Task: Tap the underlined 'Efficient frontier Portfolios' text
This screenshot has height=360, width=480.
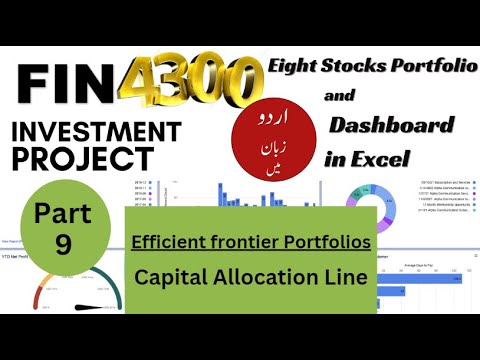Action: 250,242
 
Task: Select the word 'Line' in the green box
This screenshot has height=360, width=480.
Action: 344,276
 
